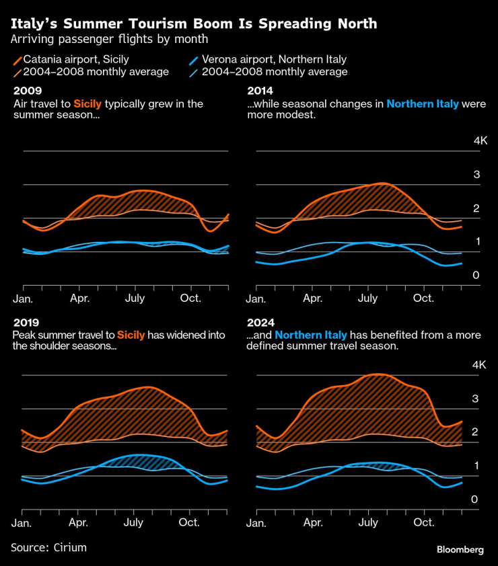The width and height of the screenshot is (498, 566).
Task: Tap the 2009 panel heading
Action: [27, 91]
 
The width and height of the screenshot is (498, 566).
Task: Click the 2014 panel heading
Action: [260, 91]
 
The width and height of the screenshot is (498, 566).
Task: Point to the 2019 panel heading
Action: [27, 322]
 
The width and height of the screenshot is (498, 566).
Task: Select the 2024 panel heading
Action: [260, 322]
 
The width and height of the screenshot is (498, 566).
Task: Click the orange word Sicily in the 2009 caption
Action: [88, 104]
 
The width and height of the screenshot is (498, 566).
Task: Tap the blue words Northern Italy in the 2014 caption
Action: [423, 104]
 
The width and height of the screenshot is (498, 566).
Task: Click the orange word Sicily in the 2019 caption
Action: [131, 335]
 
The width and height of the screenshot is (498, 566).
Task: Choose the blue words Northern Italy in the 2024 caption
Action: [311, 335]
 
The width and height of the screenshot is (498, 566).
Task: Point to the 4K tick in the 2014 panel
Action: [480, 141]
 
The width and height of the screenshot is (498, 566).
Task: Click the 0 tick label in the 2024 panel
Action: [475, 499]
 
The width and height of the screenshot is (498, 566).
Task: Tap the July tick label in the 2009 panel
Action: [135, 298]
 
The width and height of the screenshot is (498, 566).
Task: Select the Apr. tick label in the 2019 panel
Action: [79, 522]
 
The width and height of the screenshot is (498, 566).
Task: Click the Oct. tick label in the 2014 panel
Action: [423, 298]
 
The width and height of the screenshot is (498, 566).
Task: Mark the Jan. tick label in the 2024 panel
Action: [256, 522]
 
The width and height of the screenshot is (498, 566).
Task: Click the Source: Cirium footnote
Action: [48, 548]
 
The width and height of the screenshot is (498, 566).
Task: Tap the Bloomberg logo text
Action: [460, 550]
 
